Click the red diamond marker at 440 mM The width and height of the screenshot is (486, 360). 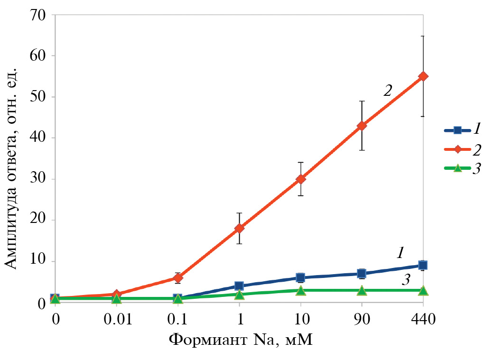[x=423, y=76]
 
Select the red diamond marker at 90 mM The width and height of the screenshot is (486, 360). [x=362, y=126]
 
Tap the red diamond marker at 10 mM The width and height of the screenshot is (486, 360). [x=300, y=179]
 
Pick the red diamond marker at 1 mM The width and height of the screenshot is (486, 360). [x=239, y=228]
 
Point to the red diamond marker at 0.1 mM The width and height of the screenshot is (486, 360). [x=178, y=278]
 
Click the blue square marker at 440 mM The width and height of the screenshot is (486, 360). [x=423, y=265]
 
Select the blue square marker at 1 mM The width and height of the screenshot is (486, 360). [x=239, y=286]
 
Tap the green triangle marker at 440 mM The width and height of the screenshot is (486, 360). [x=423, y=290]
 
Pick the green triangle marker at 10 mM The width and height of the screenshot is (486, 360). [x=300, y=290]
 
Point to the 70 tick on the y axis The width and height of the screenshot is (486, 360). [x=38, y=15]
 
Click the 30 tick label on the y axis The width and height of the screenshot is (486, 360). [x=38, y=179]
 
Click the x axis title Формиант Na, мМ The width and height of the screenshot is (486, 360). [x=241, y=339]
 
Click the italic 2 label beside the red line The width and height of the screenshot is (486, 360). [x=388, y=91]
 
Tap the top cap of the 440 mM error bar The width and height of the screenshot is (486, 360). [x=423, y=36]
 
